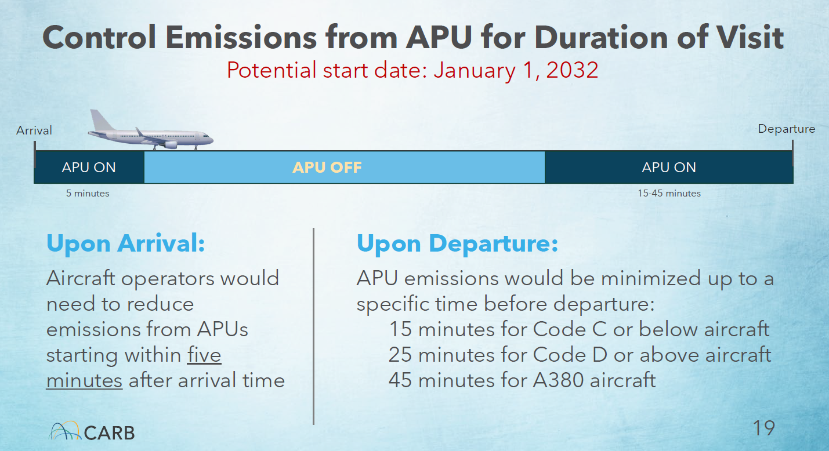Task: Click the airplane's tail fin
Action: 100,120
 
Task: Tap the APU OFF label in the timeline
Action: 327,168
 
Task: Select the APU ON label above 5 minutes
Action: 89,168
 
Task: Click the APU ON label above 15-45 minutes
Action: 669,168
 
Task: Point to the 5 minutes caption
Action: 88,194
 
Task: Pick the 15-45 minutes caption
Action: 669,194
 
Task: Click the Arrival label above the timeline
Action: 34,130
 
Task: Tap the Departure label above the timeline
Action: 787,129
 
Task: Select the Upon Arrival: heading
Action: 125,243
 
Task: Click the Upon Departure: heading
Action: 458,243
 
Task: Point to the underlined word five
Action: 204,355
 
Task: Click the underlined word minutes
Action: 84,380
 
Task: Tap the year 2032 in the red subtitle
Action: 572,70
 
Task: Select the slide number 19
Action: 764,428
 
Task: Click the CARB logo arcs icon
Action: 64,431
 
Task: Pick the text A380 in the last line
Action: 558,380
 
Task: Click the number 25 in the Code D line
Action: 400,355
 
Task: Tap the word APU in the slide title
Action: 439,37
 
